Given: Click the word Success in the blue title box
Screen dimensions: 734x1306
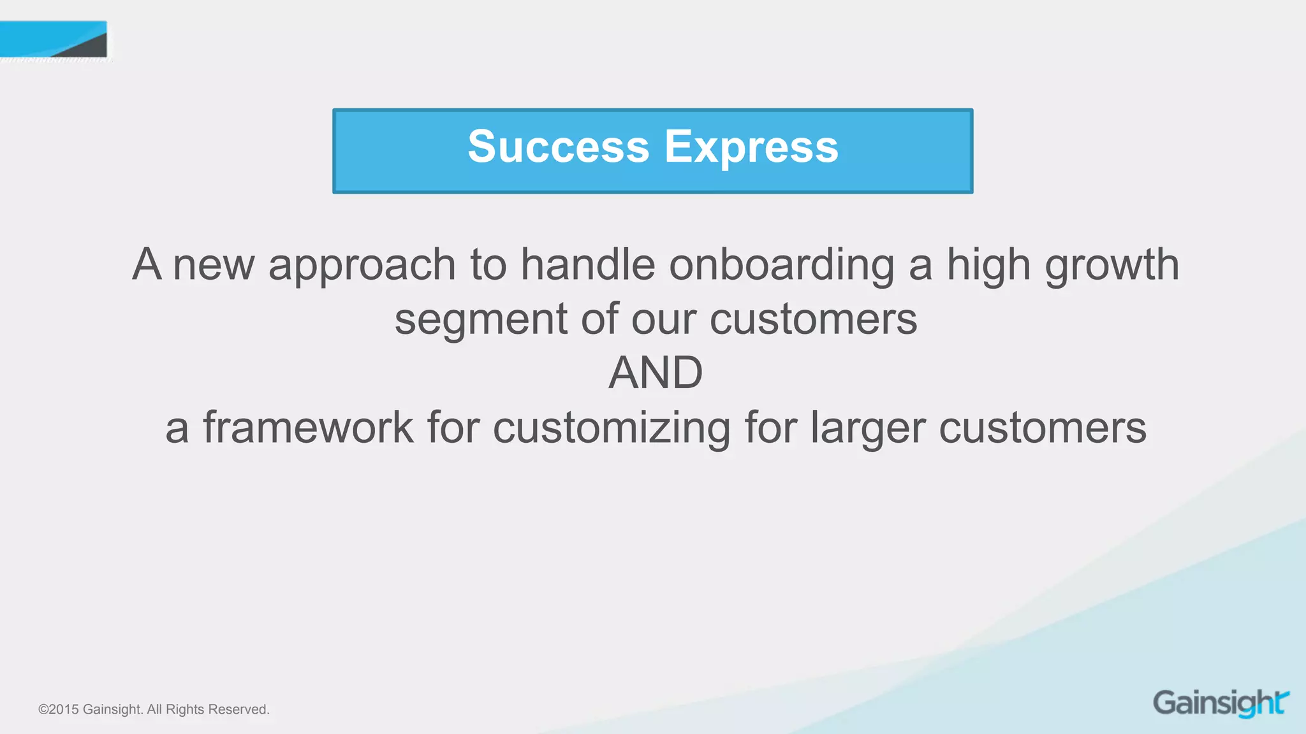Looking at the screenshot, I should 558,147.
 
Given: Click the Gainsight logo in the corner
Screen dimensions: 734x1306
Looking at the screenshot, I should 1221,703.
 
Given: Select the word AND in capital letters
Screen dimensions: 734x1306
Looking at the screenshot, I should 655,373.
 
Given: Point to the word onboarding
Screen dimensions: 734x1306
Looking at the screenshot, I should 781,264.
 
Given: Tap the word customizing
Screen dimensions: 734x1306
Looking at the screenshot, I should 612,428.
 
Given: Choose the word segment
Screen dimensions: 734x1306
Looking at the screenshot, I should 480,320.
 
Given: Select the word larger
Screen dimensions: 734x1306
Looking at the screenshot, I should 867,428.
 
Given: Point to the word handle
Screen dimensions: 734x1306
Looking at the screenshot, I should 587,264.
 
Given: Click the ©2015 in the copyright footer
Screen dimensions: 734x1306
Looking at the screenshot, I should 58,709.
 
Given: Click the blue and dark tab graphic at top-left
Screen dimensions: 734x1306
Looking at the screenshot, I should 54,40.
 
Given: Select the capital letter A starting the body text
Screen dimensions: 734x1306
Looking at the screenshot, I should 147,264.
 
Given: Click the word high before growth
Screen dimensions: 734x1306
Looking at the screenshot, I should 988,264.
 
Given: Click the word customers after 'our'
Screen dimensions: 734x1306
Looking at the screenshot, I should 813,320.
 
